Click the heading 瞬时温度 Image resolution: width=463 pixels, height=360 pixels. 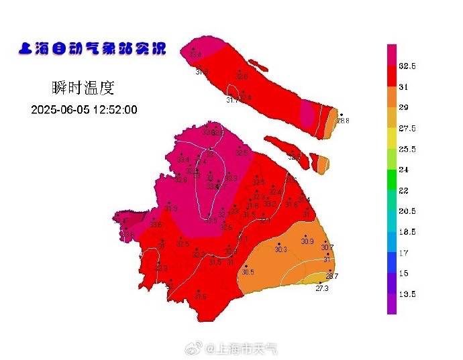(x=83, y=87)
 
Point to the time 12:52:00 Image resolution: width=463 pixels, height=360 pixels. (x=115, y=110)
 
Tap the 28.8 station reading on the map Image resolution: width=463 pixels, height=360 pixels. (x=343, y=121)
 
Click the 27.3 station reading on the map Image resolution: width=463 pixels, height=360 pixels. (x=322, y=288)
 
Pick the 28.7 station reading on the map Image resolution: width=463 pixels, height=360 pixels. (x=331, y=276)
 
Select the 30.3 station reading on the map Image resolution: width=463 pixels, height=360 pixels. (x=280, y=250)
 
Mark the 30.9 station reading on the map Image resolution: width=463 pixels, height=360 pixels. (x=307, y=242)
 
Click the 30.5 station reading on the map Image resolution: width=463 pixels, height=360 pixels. (x=248, y=272)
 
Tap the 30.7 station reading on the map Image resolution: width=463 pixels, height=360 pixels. (x=327, y=248)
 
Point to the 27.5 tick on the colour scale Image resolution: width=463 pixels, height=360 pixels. (x=407, y=129)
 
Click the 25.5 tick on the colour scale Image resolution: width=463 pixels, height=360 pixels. (x=407, y=149)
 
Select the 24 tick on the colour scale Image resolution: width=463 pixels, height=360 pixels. (x=404, y=170)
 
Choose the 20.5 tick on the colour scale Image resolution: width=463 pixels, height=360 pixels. (x=407, y=211)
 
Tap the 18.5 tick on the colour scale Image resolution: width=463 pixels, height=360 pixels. (x=407, y=232)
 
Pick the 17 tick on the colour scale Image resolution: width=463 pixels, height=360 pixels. (x=404, y=253)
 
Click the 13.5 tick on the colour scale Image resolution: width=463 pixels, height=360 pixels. (x=407, y=294)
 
